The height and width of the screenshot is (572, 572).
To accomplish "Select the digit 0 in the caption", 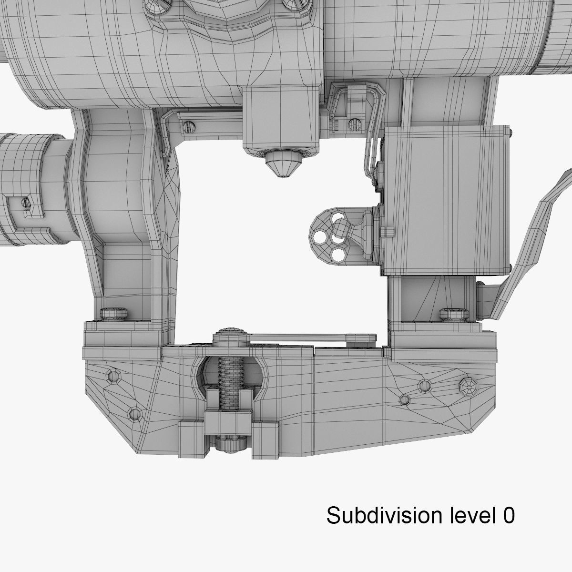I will pyautogui.click(x=508, y=515).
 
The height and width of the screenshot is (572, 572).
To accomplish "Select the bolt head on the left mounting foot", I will pyautogui.click(x=114, y=313).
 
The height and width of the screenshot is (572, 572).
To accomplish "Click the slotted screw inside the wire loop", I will pyautogui.click(x=353, y=124).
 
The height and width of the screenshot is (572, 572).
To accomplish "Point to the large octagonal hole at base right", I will pyautogui.click(x=468, y=387).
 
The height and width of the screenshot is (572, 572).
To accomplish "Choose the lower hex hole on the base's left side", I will pyautogui.click(x=135, y=413).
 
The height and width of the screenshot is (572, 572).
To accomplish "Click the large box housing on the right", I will pyautogui.click(x=446, y=200).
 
